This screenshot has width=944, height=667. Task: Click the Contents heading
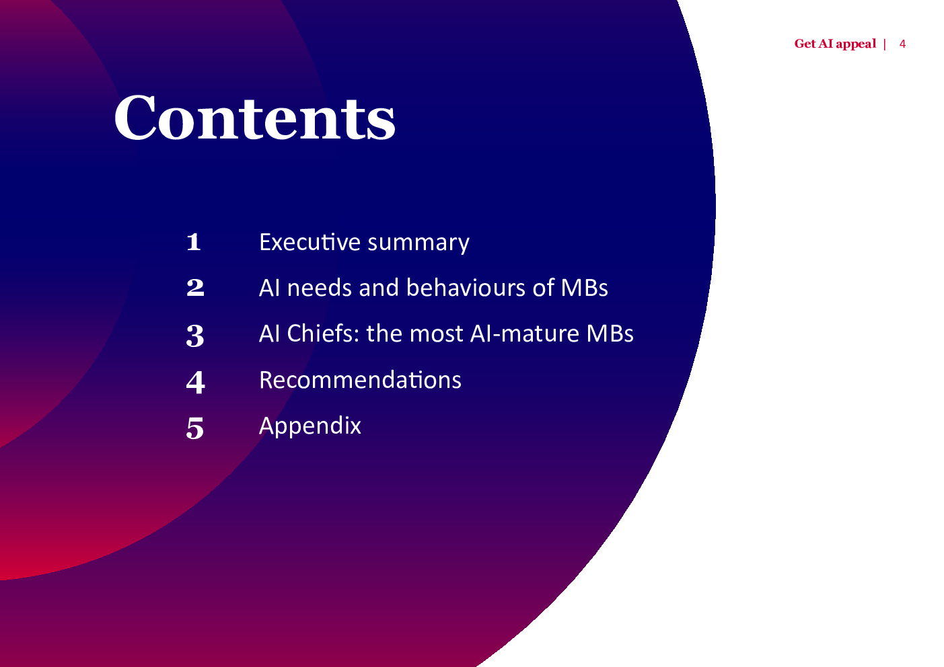point(254,117)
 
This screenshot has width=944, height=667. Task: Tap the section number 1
point(193,242)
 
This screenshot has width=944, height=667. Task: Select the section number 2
point(195,288)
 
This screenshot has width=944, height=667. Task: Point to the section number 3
point(195,336)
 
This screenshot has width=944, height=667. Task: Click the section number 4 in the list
point(196,383)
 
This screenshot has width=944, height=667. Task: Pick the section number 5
point(194,428)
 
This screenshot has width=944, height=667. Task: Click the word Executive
point(310,242)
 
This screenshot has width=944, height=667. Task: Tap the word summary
point(419,244)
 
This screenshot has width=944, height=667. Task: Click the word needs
point(319,288)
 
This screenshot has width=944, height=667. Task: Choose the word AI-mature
point(525,334)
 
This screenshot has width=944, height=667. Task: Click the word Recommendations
point(361,380)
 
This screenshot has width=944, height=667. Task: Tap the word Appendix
point(310,426)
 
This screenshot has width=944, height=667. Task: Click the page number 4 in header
point(902,44)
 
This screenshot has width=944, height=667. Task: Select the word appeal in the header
point(856,44)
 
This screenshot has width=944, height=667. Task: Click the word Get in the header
point(805,44)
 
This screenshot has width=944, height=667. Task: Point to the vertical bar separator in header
point(885,44)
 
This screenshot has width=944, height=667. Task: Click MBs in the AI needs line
point(585,288)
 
